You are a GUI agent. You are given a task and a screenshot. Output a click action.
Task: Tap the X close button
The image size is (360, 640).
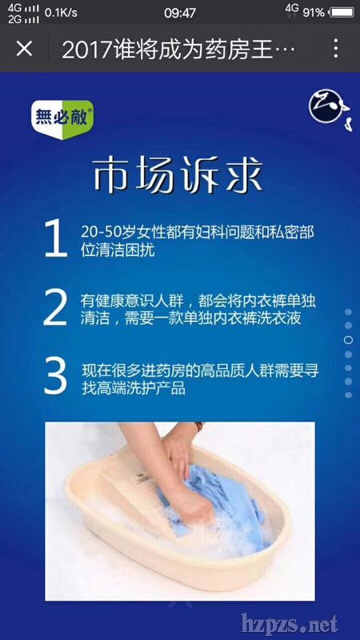24,49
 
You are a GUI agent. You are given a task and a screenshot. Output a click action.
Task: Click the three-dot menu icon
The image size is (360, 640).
335,49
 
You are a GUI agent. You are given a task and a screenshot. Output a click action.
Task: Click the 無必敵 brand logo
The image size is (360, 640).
62,119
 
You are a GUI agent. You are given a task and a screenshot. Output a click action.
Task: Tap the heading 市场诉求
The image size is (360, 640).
177,176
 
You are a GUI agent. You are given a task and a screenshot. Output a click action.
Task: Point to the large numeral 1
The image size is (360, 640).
56,238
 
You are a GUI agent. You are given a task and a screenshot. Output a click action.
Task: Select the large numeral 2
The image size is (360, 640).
55,307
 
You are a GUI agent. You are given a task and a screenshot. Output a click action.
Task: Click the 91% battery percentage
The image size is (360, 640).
314,13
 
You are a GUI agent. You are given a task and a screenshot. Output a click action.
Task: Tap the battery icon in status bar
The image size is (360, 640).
342,13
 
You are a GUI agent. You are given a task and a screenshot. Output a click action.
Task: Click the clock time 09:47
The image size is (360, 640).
180,13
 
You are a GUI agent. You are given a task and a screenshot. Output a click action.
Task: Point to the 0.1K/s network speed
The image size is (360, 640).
61,13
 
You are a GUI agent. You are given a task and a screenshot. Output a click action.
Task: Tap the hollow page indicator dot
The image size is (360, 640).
348,339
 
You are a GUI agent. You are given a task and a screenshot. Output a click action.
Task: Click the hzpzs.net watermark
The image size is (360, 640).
289,623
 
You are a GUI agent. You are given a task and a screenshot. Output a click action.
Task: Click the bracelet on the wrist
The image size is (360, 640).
198,426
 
